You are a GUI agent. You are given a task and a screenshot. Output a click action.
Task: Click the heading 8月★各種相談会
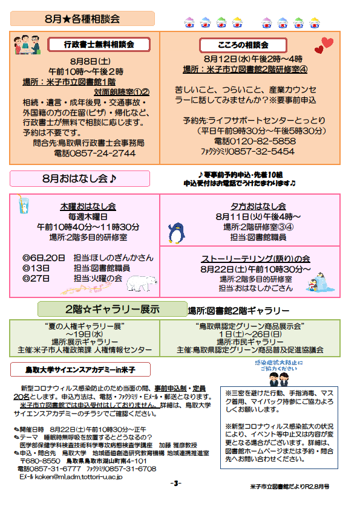82,19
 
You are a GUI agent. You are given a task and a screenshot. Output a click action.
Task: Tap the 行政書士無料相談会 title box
99,45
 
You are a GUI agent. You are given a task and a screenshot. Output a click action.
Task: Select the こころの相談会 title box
243,45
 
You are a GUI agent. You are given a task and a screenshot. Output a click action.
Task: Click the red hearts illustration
324,45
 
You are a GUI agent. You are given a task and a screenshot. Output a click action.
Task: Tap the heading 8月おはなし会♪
80,178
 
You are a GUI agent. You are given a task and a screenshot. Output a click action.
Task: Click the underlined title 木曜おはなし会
88,207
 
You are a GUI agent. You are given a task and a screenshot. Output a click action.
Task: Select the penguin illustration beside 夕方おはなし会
177,233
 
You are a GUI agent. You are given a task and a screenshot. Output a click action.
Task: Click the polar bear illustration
142,283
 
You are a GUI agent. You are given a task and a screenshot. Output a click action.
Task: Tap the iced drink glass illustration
24,204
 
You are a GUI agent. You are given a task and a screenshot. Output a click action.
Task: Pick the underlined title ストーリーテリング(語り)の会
255,259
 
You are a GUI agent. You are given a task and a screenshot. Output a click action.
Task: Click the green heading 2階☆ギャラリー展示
113,309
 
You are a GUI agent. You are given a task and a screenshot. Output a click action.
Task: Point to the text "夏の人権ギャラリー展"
85,326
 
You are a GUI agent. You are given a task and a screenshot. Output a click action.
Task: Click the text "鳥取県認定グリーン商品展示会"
250,326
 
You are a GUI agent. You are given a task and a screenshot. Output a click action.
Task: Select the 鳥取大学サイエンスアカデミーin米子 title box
80,369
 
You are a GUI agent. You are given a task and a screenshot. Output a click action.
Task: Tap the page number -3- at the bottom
176,484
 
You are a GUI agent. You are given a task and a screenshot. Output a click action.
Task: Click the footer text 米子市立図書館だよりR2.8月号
290,487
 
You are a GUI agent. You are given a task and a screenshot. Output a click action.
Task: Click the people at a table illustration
27,45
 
